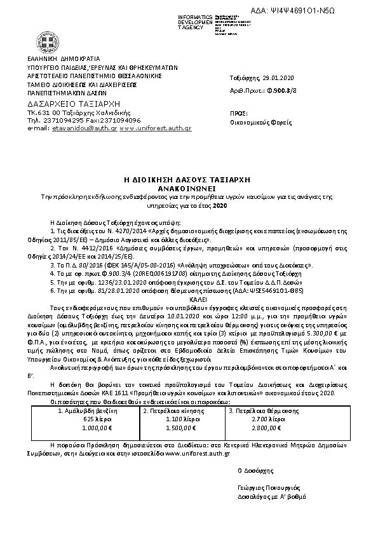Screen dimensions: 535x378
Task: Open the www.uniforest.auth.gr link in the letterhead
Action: (x=155, y=128)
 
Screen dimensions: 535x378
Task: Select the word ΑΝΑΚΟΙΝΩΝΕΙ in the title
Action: (x=188, y=189)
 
